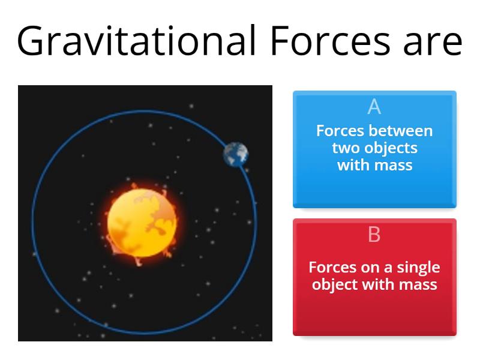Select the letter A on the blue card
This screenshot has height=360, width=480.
click(x=374, y=107)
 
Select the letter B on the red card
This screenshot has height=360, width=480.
click(x=374, y=235)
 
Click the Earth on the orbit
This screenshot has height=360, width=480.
click(x=236, y=154)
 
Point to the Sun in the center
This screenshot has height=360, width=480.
click(x=143, y=222)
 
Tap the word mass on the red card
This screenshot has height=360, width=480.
click(x=418, y=284)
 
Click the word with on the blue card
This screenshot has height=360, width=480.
click(x=352, y=164)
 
